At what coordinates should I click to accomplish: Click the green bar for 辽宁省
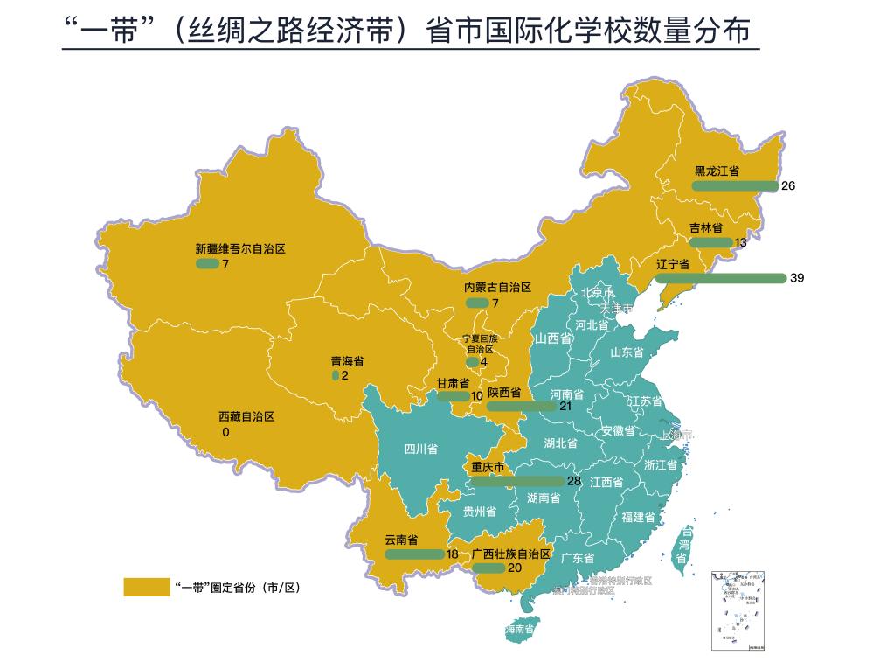(x=720, y=278)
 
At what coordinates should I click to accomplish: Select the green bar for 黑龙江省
(x=734, y=186)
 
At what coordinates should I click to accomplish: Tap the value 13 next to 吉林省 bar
(x=741, y=242)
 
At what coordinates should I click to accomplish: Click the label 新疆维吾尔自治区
(x=240, y=249)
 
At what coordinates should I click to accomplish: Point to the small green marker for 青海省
(x=336, y=375)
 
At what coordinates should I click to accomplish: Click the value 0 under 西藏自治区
(x=225, y=432)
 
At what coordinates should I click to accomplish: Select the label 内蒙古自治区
(x=497, y=288)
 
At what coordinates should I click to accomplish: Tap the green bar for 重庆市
(x=517, y=481)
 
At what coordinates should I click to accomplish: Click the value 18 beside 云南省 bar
(x=452, y=554)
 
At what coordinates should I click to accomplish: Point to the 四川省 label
(x=420, y=450)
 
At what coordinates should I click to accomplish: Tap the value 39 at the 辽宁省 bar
(x=796, y=278)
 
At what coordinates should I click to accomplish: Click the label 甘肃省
(x=453, y=383)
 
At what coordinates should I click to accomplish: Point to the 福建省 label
(x=640, y=517)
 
